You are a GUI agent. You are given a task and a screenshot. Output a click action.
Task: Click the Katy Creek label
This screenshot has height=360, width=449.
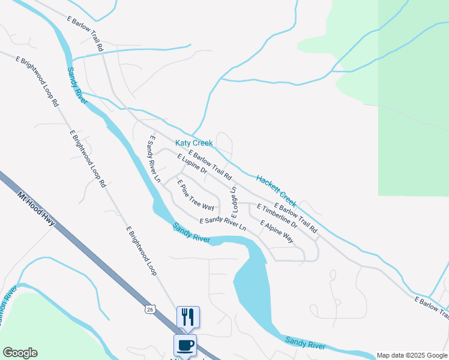coord(194,143)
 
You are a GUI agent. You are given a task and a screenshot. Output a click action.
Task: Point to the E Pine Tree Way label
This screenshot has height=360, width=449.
coord(196,194)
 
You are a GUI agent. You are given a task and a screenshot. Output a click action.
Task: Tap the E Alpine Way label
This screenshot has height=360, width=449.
coord(277,231)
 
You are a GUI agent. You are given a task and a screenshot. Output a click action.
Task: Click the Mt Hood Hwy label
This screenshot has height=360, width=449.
coord(36,209)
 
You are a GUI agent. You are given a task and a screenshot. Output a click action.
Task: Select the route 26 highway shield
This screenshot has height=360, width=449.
coord(149,309)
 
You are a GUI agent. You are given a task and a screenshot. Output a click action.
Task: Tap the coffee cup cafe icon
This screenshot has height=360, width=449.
coord(185,346)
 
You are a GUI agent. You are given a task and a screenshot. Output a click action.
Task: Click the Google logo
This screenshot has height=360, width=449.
coord(20,353)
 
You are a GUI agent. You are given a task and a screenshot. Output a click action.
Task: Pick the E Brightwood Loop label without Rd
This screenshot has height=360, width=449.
coord(142,251)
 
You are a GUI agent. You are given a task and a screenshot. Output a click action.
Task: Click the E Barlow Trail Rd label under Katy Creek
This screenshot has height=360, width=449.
coord(209,166)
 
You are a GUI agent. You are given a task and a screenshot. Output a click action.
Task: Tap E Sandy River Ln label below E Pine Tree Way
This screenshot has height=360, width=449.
coord(223,224)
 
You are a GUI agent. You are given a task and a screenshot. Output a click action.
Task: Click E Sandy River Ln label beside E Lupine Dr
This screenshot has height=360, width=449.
coord(154,159)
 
